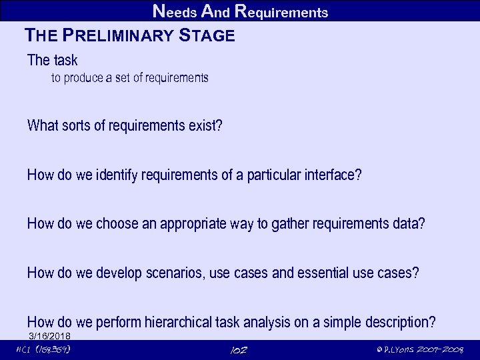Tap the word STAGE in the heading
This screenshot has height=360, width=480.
pyautogui.click(x=207, y=36)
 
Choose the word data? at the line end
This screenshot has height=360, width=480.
pyautogui.click(x=409, y=224)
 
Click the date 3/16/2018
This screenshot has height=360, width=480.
pyautogui.click(x=49, y=335)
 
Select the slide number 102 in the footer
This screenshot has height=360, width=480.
pyautogui.click(x=238, y=350)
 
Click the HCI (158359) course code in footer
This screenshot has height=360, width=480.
pyautogui.click(x=43, y=350)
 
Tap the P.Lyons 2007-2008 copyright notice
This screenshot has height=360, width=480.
pyautogui.click(x=419, y=350)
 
